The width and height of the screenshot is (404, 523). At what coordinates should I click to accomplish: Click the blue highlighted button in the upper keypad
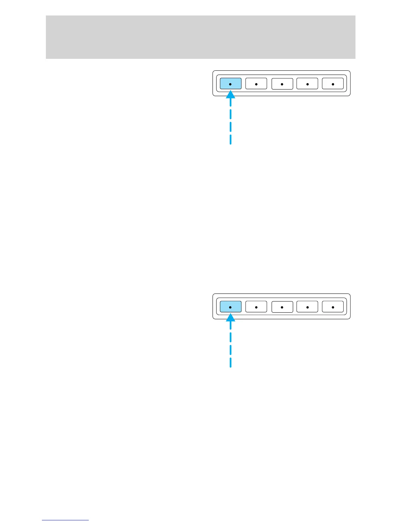click(230, 84)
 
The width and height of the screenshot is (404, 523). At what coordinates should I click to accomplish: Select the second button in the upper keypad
click(256, 84)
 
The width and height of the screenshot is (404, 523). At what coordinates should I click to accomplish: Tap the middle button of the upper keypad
click(282, 84)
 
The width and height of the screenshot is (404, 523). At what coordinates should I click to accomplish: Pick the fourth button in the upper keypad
click(307, 84)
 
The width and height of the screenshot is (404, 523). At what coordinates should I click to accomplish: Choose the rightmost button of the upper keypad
click(333, 84)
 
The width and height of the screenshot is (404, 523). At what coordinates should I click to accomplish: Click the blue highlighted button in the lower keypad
click(230, 307)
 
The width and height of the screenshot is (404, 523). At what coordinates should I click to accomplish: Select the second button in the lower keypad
click(256, 307)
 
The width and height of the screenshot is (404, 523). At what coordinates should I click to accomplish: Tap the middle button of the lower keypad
click(282, 307)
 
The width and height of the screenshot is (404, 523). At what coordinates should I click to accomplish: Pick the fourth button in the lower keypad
click(307, 307)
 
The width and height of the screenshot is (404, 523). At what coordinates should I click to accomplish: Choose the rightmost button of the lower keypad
click(333, 307)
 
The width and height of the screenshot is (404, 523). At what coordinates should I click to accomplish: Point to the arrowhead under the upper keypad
click(230, 95)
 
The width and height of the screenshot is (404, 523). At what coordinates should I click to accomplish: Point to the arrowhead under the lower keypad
click(230, 318)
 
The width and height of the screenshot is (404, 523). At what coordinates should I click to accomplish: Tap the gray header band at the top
click(200, 37)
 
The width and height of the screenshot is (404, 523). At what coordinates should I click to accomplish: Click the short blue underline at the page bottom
click(65, 520)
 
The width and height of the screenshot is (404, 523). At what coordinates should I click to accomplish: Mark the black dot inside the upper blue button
click(230, 84)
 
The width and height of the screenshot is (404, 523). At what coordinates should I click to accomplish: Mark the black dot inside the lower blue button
click(230, 307)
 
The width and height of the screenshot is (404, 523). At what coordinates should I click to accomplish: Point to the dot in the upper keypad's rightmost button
click(333, 84)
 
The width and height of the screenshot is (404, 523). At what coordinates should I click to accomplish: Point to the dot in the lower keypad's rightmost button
click(333, 307)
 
